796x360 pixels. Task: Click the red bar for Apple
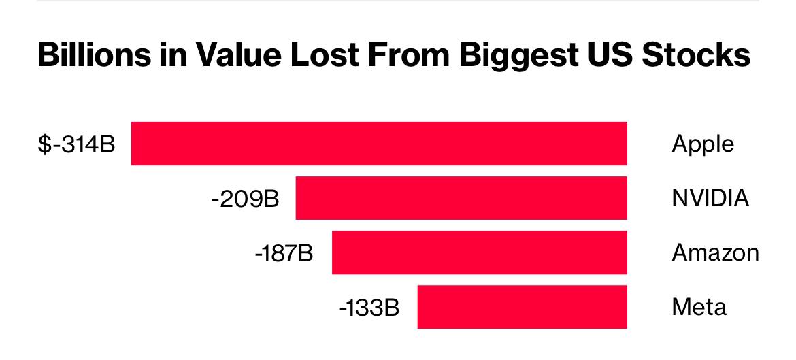coord(379,143)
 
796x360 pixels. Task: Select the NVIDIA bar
coord(461,198)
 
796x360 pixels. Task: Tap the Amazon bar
coord(479,252)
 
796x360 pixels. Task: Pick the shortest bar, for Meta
coord(522,307)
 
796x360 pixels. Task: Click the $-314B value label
coord(76,144)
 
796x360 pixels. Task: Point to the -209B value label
coord(245,199)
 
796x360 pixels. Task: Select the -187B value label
coord(284,253)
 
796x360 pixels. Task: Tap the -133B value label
coord(369,308)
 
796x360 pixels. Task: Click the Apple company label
coord(703,144)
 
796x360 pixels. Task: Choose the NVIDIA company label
coord(710,199)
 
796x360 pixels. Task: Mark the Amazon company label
coord(715,253)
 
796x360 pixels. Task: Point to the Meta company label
coord(699,308)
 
